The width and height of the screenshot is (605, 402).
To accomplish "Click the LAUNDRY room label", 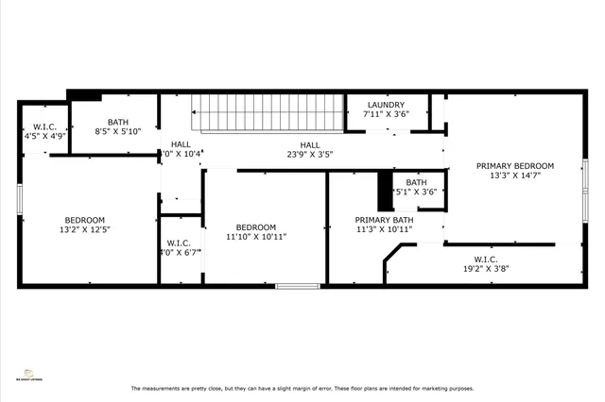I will (x=386, y=105).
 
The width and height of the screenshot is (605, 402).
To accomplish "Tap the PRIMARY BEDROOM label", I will (x=514, y=165).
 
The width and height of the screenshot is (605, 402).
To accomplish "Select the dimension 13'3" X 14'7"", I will (x=514, y=176).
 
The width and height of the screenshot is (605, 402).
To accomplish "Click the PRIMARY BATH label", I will (x=384, y=218).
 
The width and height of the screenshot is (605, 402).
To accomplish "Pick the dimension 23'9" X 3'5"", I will (x=310, y=154).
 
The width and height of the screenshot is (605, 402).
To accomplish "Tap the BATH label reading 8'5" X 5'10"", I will (x=118, y=122).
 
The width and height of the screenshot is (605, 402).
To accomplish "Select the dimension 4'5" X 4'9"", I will (x=44, y=136).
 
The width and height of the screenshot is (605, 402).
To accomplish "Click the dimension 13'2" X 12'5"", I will (x=85, y=229).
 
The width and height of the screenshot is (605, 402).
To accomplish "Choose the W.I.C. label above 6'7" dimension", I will (x=180, y=243).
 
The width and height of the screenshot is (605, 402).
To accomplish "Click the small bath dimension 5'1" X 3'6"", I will (x=416, y=192).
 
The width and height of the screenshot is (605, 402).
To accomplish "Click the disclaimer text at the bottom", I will (x=302, y=389).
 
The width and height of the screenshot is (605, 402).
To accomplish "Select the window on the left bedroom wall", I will (x=19, y=199).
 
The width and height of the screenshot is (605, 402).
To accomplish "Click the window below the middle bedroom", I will (x=297, y=285).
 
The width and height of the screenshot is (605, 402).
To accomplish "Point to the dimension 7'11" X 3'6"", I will (x=386, y=114).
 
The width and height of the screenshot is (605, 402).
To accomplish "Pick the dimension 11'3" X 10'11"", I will (x=384, y=228).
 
